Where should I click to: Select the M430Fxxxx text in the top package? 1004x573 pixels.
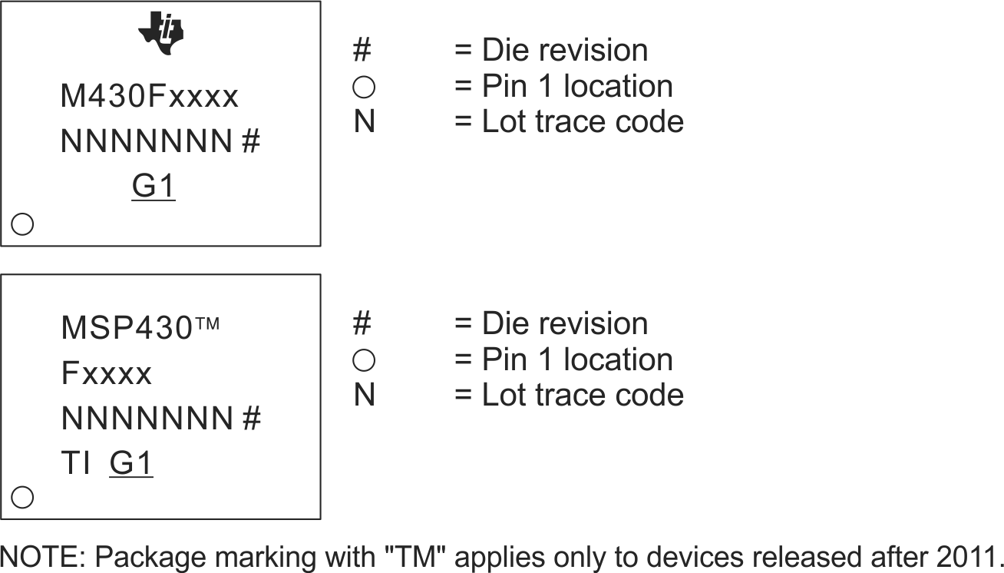[150, 98]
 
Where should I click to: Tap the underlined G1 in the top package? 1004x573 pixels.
[154, 187]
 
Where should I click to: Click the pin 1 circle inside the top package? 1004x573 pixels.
[23, 224]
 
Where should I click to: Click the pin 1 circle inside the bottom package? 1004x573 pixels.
[23, 498]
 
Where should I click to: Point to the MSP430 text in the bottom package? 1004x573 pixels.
[127, 329]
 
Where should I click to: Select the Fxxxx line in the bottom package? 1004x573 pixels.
[107, 375]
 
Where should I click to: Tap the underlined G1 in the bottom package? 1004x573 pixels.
[131, 464]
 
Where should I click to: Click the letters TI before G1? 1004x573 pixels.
[76, 464]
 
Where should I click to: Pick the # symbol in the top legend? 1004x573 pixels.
[362, 51]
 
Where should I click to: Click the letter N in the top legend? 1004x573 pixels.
[365, 122]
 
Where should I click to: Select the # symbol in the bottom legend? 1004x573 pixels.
[362, 324]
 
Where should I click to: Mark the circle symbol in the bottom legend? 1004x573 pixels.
[364, 360]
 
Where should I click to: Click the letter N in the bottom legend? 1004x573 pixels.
[365, 396]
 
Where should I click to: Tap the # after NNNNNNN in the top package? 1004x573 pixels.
[251, 142]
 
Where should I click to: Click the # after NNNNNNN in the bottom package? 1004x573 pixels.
[251, 419]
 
